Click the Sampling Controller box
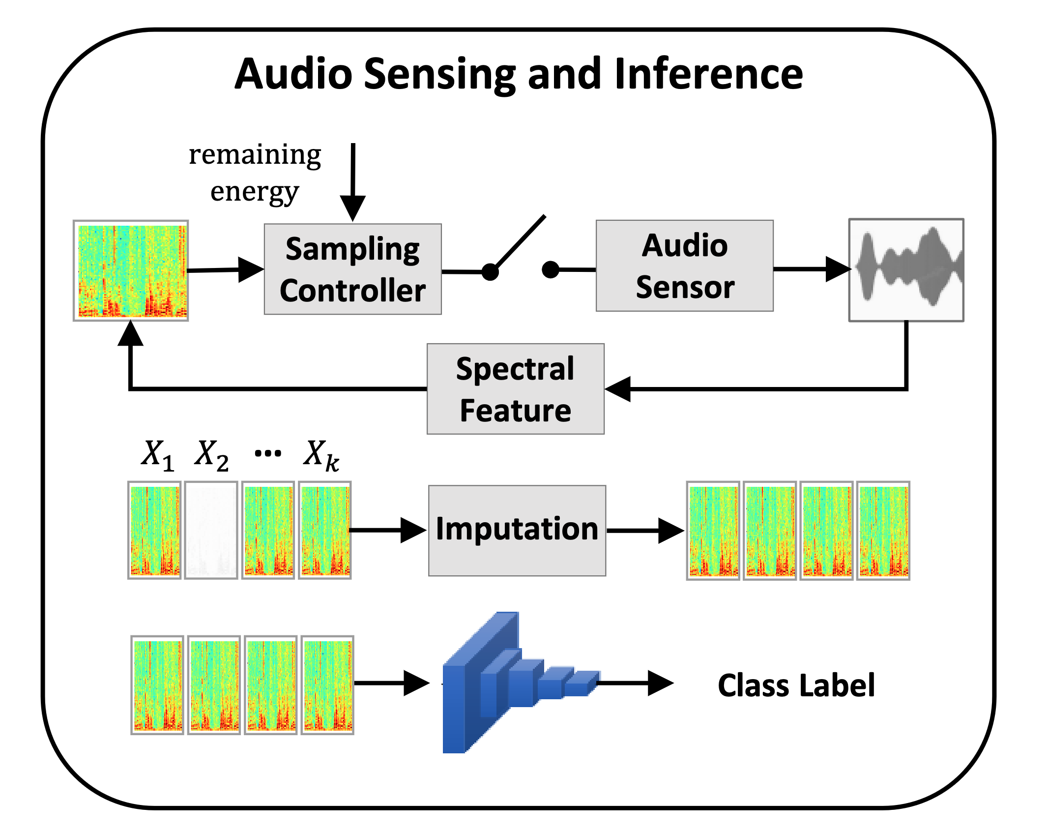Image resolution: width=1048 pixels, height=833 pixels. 352,269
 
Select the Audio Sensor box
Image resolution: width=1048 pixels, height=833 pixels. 684,266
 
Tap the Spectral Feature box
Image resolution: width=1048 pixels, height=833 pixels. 515,388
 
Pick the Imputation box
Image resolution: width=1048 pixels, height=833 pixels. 517,530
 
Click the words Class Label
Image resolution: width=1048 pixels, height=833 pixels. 796,685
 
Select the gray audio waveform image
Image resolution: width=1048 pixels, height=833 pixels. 905,270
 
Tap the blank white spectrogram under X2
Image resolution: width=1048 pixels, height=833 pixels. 211,530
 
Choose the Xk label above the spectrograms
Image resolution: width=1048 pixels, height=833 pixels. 320,455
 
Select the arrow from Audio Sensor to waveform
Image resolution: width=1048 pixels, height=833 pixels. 811,269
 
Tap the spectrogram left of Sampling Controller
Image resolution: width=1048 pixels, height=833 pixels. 131,270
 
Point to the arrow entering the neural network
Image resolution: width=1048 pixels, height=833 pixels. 391,683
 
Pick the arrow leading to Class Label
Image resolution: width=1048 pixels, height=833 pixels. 634,683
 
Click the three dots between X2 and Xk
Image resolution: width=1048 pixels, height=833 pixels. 268,453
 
